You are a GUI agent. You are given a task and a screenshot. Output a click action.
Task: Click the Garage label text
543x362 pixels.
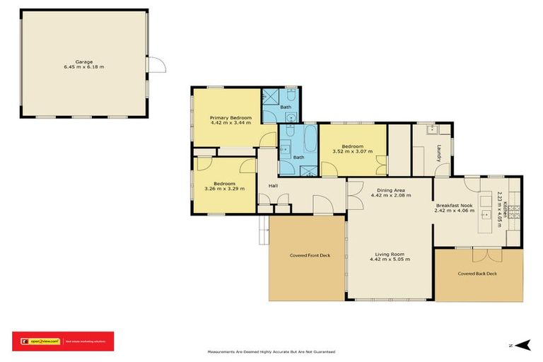click(x=84, y=62)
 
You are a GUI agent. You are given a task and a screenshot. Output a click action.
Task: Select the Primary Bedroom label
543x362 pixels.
click(x=230, y=117)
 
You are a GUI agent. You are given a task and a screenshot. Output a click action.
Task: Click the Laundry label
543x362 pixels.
click(x=439, y=153)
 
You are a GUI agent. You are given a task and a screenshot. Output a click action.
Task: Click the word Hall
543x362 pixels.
click(x=273, y=186)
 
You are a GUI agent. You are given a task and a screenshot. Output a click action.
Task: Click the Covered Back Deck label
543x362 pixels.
click(x=477, y=274)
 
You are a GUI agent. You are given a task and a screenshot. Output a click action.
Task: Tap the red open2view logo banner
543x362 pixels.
click(x=63, y=341)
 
